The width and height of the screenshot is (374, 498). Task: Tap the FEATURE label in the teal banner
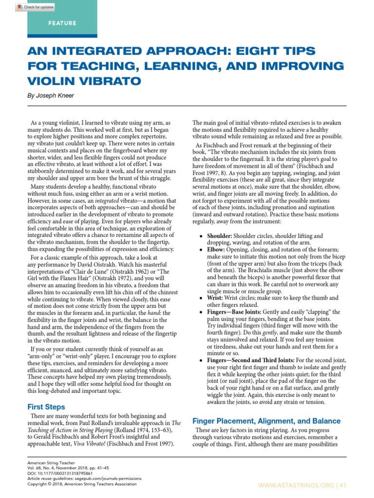[62, 23]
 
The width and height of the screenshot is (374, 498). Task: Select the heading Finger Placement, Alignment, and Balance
[266, 421]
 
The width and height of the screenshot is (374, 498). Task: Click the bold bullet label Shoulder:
[220, 235]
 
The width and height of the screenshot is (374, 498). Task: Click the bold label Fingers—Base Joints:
[241, 312]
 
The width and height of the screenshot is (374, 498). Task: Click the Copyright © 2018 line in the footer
[82, 484]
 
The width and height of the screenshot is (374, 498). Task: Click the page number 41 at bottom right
[342, 485]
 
